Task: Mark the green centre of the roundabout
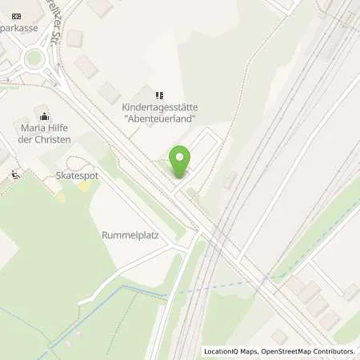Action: coord(34,58)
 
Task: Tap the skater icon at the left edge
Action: coord(15,174)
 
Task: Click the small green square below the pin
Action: coord(190,192)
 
